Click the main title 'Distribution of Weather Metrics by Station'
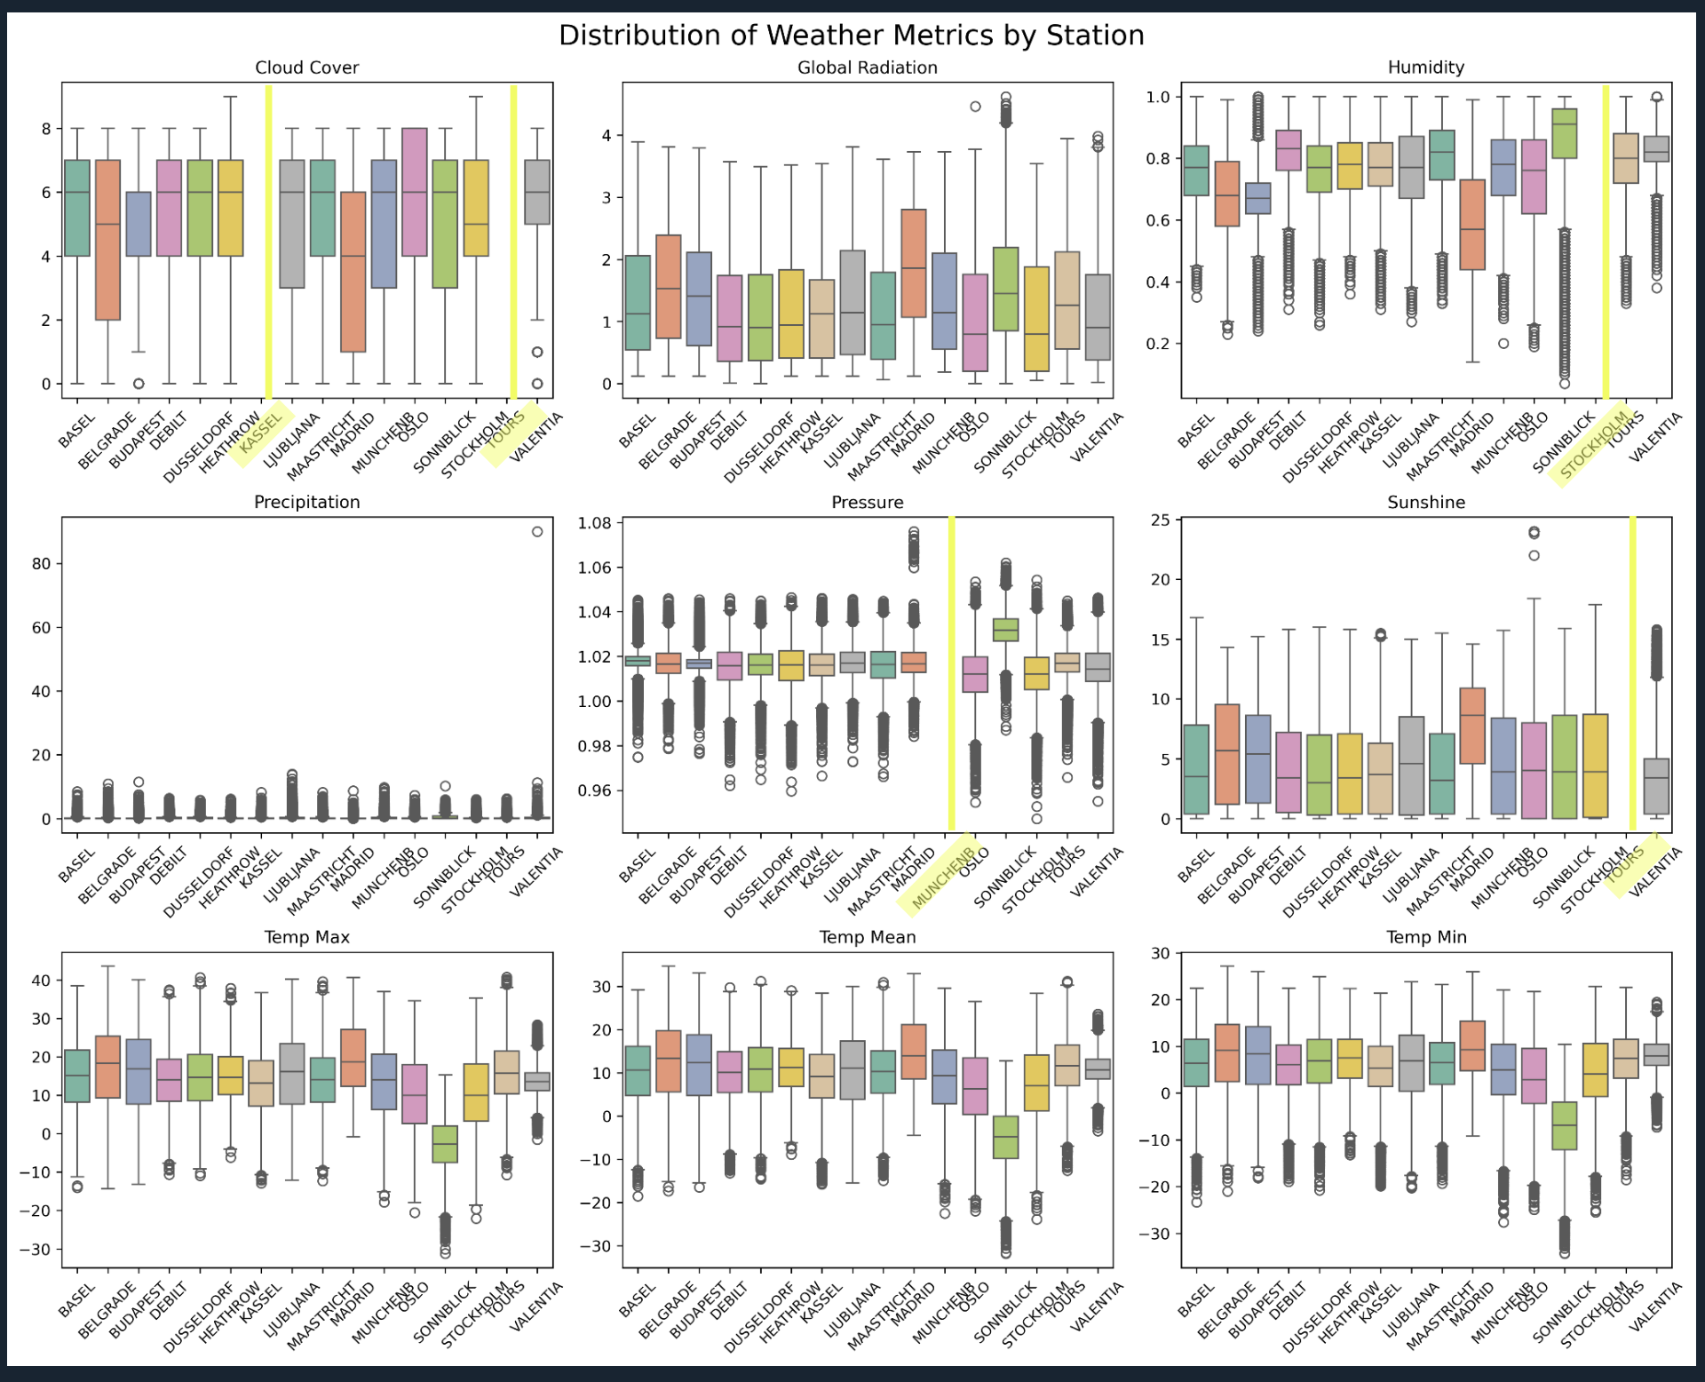851,36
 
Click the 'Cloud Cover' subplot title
306,68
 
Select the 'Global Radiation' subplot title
867,68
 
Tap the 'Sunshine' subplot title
1425,502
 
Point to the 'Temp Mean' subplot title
867,937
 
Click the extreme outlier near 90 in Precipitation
537,531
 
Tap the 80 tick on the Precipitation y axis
41,563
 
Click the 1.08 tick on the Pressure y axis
594,523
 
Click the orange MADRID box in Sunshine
1472,726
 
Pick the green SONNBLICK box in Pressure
1005,630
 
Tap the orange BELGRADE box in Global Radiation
669,286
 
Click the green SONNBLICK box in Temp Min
1564,1125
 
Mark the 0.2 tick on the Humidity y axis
1156,344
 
